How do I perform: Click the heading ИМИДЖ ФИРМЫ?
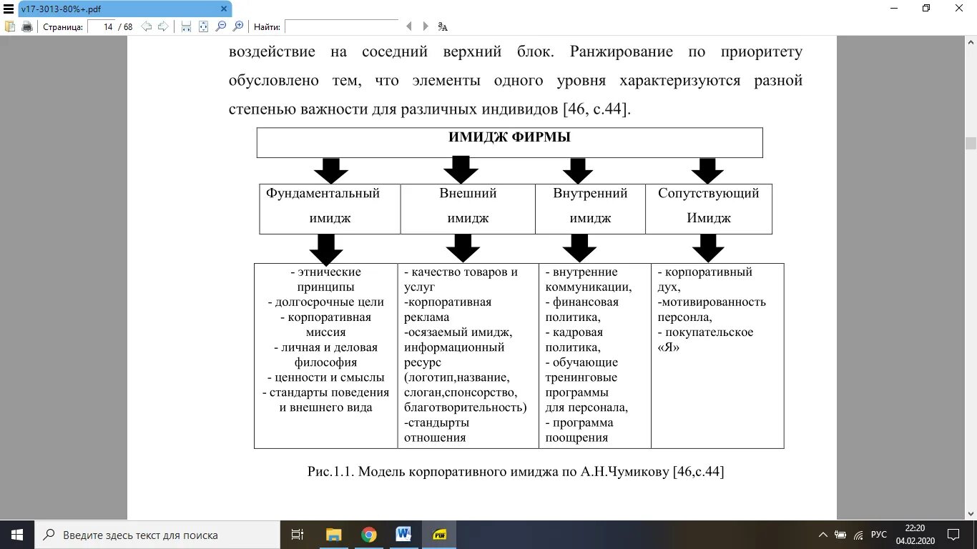(509, 138)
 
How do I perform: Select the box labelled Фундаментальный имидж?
(330, 206)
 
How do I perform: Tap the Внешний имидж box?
(468, 206)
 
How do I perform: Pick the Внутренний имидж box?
(590, 206)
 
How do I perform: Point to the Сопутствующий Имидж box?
(708, 206)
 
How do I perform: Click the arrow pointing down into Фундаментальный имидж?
(330, 170)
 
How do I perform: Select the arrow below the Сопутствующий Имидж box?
(708, 248)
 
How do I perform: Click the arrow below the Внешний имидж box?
(463, 248)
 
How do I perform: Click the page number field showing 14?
(102, 27)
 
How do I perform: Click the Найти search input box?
(341, 27)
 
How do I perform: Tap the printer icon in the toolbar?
(27, 27)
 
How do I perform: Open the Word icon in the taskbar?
(403, 535)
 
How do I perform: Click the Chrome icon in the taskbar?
(368, 535)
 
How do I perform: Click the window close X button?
(959, 9)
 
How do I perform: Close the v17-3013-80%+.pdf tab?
(224, 9)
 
